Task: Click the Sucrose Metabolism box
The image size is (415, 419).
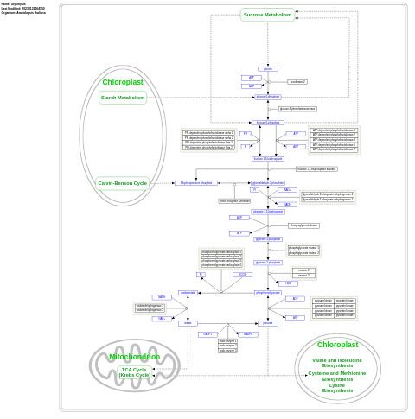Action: tap(267, 15)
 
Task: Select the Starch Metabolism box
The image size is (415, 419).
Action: tap(123, 98)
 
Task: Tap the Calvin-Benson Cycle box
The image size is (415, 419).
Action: tap(122, 182)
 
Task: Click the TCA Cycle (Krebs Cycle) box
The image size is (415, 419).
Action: tap(134, 372)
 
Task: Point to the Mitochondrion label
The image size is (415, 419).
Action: tap(134, 357)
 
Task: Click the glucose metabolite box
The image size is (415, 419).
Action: tap(267, 68)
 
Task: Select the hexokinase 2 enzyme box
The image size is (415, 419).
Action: tap(297, 82)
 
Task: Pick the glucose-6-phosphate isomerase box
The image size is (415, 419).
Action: tap(297, 109)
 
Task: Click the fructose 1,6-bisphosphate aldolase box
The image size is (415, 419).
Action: tap(316, 169)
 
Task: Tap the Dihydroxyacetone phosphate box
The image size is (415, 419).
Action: tap(195, 183)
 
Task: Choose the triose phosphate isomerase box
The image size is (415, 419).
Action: tap(234, 200)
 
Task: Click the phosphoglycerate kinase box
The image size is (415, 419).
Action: tap(303, 225)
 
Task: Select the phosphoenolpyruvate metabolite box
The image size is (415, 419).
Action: tap(267, 293)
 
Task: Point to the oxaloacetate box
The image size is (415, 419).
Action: tap(188, 293)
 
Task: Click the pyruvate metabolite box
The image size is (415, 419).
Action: tap(267, 323)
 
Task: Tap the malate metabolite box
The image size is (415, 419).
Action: tap(188, 323)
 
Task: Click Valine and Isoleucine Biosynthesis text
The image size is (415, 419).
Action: tap(337, 363)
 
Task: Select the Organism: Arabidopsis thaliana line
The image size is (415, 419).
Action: tap(23, 13)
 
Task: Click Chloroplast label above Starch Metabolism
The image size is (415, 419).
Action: tap(123, 82)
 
